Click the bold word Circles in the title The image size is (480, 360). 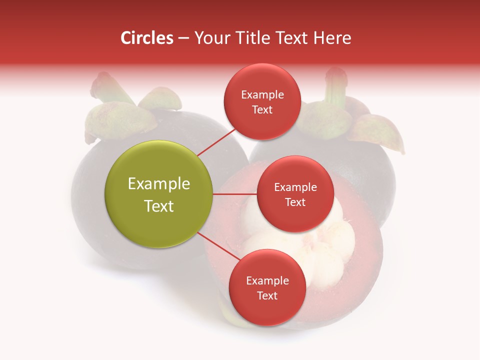click(146, 38)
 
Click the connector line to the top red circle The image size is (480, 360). click(216, 142)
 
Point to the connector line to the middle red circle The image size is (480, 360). click(235, 194)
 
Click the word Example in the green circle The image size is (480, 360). click(159, 184)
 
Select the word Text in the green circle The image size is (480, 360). click(159, 206)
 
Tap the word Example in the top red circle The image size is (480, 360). click(262, 95)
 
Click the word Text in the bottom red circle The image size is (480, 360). click(267, 295)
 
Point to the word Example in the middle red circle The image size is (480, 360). click(295, 187)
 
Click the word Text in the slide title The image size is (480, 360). click(292, 38)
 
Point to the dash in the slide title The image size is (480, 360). click(183, 38)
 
